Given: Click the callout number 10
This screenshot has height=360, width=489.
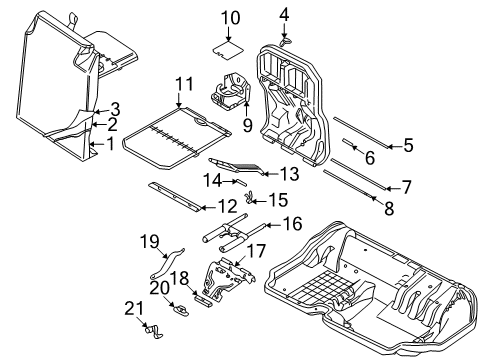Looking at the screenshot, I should click(231, 17).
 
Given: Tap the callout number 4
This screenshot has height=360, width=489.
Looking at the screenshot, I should click(284, 13).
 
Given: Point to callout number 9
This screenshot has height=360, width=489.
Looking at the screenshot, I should click(247, 126).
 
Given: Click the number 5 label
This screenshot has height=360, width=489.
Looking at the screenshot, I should click(406, 146).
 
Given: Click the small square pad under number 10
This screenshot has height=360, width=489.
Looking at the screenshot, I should click(230, 44).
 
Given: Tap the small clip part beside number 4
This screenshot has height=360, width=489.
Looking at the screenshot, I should click(285, 41).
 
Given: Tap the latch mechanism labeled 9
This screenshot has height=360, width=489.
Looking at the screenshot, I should click(229, 96).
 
